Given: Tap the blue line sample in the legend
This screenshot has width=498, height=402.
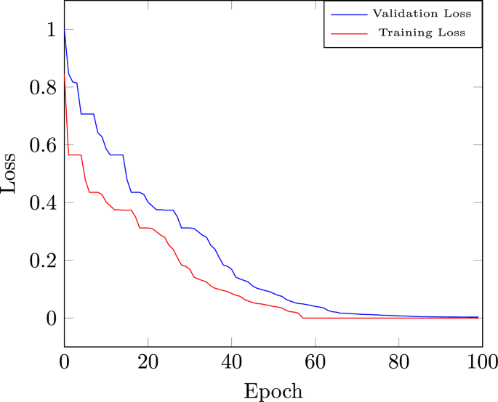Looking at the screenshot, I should pyautogui.click(x=348, y=13).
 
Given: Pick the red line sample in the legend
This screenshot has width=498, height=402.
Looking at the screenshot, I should pyautogui.click(x=348, y=33).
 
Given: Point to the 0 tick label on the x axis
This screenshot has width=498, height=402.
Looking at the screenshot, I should pyautogui.click(x=65, y=361).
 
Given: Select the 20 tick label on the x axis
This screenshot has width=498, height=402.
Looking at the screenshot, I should pyautogui.click(x=148, y=361).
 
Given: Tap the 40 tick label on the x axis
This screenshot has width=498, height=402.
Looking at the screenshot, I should pyautogui.click(x=231, y=361).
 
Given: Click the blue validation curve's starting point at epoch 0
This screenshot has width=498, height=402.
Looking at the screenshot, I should pyautogui.click(x=65, y=30).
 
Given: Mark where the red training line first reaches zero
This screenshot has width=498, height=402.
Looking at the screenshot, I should pyautogui.click(x=302, y=318).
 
